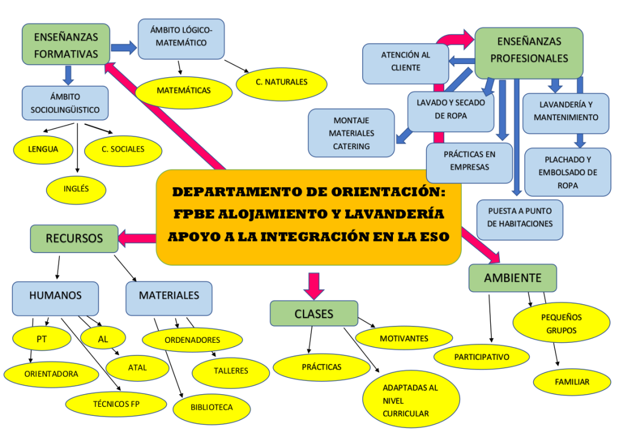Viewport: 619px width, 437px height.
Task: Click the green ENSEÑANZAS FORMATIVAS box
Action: coord(66,45)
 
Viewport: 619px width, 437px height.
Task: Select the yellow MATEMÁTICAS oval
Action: coord(184,91)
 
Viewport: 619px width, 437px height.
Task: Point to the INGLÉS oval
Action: coord(76,189)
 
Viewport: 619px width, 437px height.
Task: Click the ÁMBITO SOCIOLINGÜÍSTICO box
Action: coord(65,103)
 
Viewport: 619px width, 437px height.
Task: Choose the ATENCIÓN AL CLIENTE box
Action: coord(406,62)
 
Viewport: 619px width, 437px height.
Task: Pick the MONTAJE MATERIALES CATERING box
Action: coord(351,133)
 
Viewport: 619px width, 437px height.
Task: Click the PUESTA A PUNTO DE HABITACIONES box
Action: coord(519,217)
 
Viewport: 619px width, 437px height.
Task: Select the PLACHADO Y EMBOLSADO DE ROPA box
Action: coord(568,173)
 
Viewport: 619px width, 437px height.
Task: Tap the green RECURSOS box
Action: coord(74,238)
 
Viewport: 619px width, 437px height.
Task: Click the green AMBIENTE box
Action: coord(513,278)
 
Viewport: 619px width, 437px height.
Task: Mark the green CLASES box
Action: coord(314,314)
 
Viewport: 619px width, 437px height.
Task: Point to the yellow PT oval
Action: coord(41,339)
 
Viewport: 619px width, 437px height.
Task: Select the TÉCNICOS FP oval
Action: coord(112,404)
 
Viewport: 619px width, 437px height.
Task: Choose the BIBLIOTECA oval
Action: coord(212,407)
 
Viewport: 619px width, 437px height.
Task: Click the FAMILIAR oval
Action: coord(572,382)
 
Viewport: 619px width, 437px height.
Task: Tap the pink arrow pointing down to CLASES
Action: coord(314,285)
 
